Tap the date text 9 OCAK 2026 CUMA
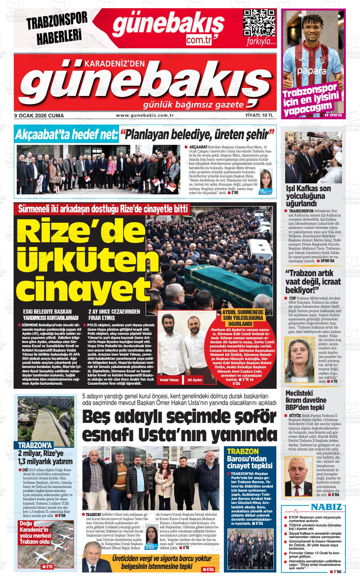tap(39, 116)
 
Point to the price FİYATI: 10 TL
tap(259, 116)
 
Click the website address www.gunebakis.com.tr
tap(145, 116)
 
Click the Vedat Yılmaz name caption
tap(169, 380)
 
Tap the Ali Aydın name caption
tap(195, 380)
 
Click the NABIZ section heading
tap(327, 507)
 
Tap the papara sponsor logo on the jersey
tap(311, 71)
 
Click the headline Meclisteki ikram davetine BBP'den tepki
tap(306, 400)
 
